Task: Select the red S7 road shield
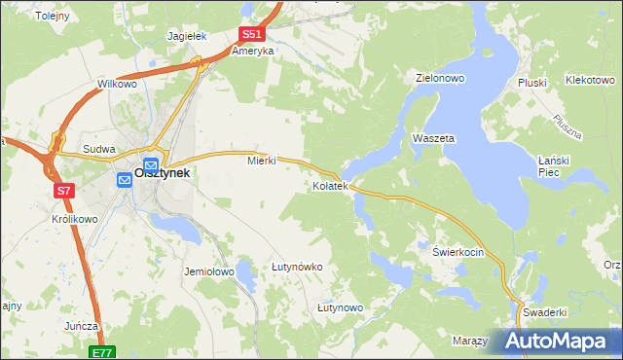63,191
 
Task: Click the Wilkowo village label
117,85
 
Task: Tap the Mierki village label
263,162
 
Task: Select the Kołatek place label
330,186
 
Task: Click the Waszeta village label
434,139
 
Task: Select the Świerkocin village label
458,251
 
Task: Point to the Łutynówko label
297,266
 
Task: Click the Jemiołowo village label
209,272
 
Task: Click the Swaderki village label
545,312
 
